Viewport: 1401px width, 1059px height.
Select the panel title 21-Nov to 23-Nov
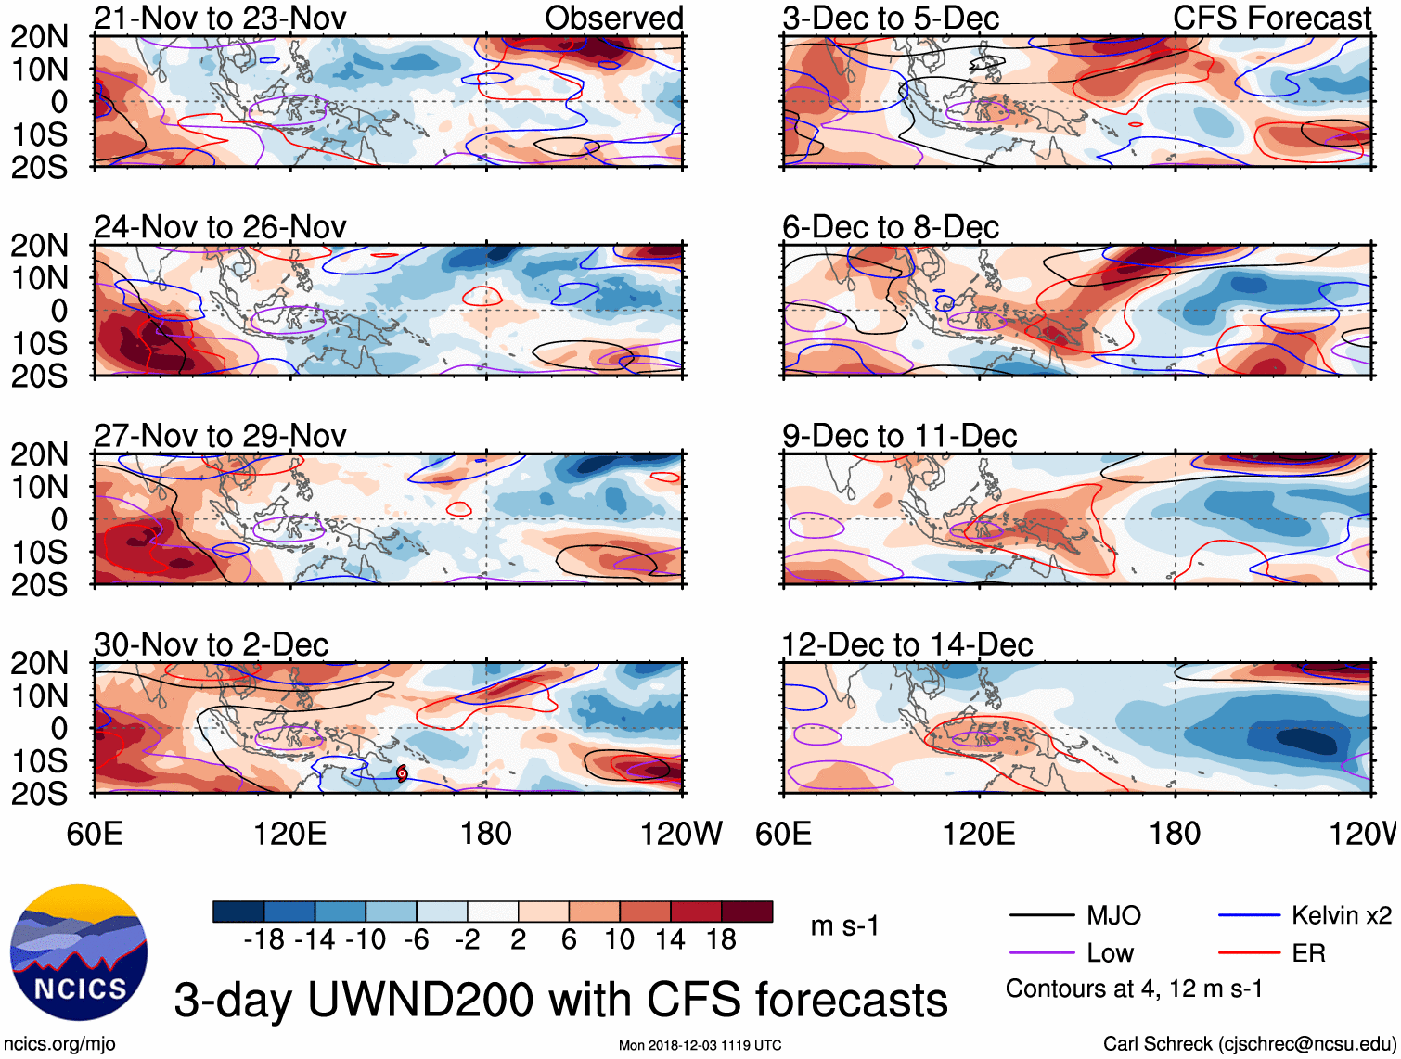tap(220, 18)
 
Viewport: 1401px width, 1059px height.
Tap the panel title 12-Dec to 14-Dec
tap(906, 644)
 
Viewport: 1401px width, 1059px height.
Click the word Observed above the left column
tap(613, 18)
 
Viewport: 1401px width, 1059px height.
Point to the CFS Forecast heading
tap(1271, 18)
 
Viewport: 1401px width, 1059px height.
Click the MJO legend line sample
tap(1041, 916)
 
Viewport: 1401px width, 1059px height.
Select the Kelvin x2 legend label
tap(1341, 916)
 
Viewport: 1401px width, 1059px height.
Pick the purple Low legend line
tap(1041, 953)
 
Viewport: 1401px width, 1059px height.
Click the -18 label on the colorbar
tap(263, 940)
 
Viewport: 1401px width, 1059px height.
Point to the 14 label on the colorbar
tap(670, 940)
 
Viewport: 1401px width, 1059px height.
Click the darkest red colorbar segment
tap(747, 912)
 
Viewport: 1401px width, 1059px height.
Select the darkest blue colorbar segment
tap(238, 912)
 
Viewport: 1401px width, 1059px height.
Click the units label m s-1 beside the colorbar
tap(844, 925)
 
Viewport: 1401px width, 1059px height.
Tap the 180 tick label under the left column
tap(486, 834)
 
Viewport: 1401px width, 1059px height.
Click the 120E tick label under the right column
tap(979, 834)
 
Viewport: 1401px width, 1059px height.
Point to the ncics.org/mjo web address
tap(60, 1044)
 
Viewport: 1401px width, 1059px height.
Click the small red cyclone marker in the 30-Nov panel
tap(402, 772)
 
